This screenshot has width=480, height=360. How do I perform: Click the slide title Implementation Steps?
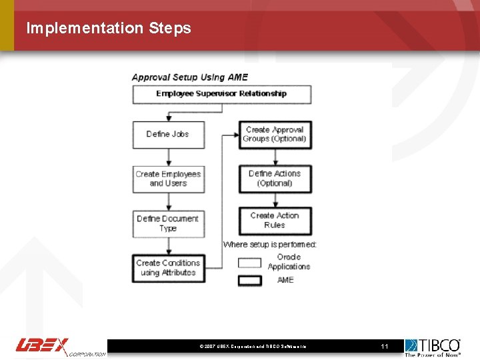(108, 28)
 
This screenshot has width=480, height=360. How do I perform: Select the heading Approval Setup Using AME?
(189, 77)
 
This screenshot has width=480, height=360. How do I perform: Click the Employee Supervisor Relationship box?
(221, 94)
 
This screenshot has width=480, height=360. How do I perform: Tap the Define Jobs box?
(168, 134)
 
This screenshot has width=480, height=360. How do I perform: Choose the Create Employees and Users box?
(168, 179)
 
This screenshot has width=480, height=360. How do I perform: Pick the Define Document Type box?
(168, 223)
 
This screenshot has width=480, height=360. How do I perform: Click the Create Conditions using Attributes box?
(168, 268)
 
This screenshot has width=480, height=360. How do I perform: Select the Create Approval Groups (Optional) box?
(275, 134)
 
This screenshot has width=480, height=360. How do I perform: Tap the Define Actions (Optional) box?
(275, 179)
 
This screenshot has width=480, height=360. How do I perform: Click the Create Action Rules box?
(275, 221)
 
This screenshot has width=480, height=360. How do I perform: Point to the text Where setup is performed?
(270, 245)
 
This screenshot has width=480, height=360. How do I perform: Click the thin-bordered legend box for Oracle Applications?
(250, 263)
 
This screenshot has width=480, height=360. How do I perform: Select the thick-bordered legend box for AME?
(250, 281)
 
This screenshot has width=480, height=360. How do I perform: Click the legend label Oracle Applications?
(289, 262)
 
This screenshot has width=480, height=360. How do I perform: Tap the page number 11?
(384, 347)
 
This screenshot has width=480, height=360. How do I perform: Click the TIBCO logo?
(433, 347)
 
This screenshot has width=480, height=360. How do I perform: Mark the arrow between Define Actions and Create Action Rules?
(275, 200)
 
